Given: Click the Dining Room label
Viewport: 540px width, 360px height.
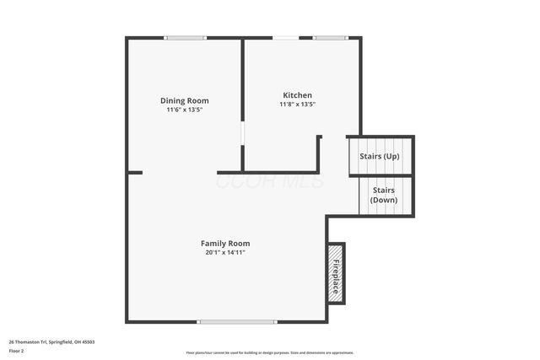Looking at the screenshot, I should (x=184, y=100).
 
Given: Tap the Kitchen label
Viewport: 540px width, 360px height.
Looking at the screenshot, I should (x=297, y=95).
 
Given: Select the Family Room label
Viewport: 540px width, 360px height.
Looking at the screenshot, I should (x=224, y=243).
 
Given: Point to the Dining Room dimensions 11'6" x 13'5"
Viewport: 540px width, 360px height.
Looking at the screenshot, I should (x=184, y=110).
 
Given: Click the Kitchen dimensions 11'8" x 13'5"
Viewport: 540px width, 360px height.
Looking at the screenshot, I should (x=297, y=105).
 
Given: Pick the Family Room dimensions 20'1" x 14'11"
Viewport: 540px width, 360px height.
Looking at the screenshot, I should (x=224, y=252).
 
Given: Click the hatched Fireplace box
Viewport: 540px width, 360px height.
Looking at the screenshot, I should (x=335, y=273).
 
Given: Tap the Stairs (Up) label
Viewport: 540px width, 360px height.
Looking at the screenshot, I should (x=380, y=157).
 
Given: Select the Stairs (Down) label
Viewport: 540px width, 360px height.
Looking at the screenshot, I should (x=385, y=195).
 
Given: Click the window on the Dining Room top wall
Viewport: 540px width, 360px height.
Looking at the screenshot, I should (x=185, y=38).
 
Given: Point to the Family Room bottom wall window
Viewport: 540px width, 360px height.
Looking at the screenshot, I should (x=236, y=321).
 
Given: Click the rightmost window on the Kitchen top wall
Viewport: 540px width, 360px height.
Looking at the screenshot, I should (x=330, y=38).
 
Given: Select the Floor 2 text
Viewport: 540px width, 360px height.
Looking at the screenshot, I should (x=16, y=350).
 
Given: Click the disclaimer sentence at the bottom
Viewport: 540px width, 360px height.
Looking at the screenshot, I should (x=269, y=352).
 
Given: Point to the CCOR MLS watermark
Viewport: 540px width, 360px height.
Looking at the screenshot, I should (x=269, y=181).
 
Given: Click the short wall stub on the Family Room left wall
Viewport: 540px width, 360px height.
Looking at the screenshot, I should (x=134, y=172).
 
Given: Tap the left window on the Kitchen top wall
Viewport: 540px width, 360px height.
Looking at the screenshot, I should (x=284, y=38).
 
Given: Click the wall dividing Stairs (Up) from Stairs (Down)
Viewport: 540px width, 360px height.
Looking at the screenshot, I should (x=381, y=175).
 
